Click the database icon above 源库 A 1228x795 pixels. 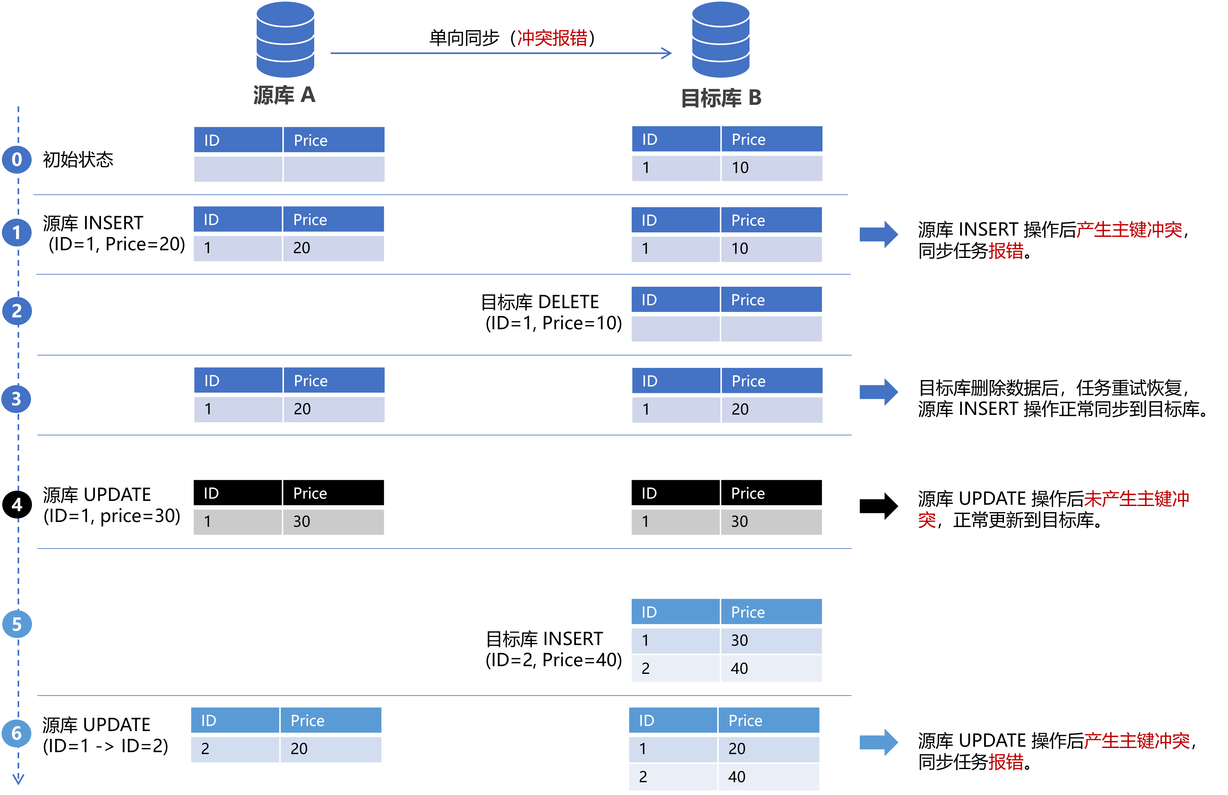(285, 39)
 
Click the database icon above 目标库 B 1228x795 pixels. (720, 39)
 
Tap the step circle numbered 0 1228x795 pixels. (17, 160)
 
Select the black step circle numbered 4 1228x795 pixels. (17, 504)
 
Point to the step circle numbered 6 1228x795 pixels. (17, 733)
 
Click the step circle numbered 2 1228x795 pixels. (17, 311)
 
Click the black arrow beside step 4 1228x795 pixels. (879, 506)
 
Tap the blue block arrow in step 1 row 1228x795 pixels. (879, 234)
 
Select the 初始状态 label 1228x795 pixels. (78, 160)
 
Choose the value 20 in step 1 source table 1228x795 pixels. (302, 248)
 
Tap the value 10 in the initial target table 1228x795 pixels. (740, 168)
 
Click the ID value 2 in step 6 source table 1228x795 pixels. (205, 749)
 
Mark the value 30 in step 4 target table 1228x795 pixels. (739, 522)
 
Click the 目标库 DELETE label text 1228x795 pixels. (540, 302)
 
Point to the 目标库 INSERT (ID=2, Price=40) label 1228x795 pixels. (554, 650)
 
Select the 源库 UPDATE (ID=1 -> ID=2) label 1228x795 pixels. (105, 735)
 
